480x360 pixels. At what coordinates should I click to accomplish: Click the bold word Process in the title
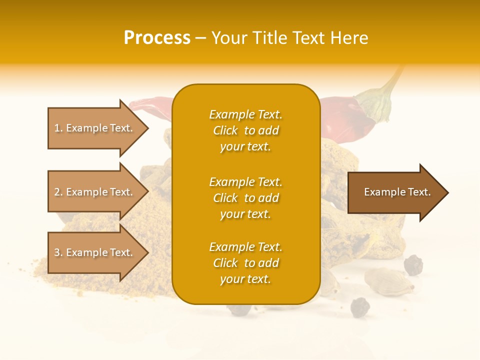click(157, 38)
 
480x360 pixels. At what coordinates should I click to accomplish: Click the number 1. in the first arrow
click(58, 128)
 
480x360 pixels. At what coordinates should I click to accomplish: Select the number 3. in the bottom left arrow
click(58, 252)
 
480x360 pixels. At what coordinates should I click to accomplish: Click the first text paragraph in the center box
click(245, 130)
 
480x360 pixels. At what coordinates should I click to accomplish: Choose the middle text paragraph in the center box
click(245, 198)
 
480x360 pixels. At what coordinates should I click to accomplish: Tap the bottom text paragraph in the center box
click(245, 263)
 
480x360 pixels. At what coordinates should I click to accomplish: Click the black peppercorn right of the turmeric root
click(413, 264)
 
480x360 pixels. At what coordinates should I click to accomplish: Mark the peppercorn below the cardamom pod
click(359, 306)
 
